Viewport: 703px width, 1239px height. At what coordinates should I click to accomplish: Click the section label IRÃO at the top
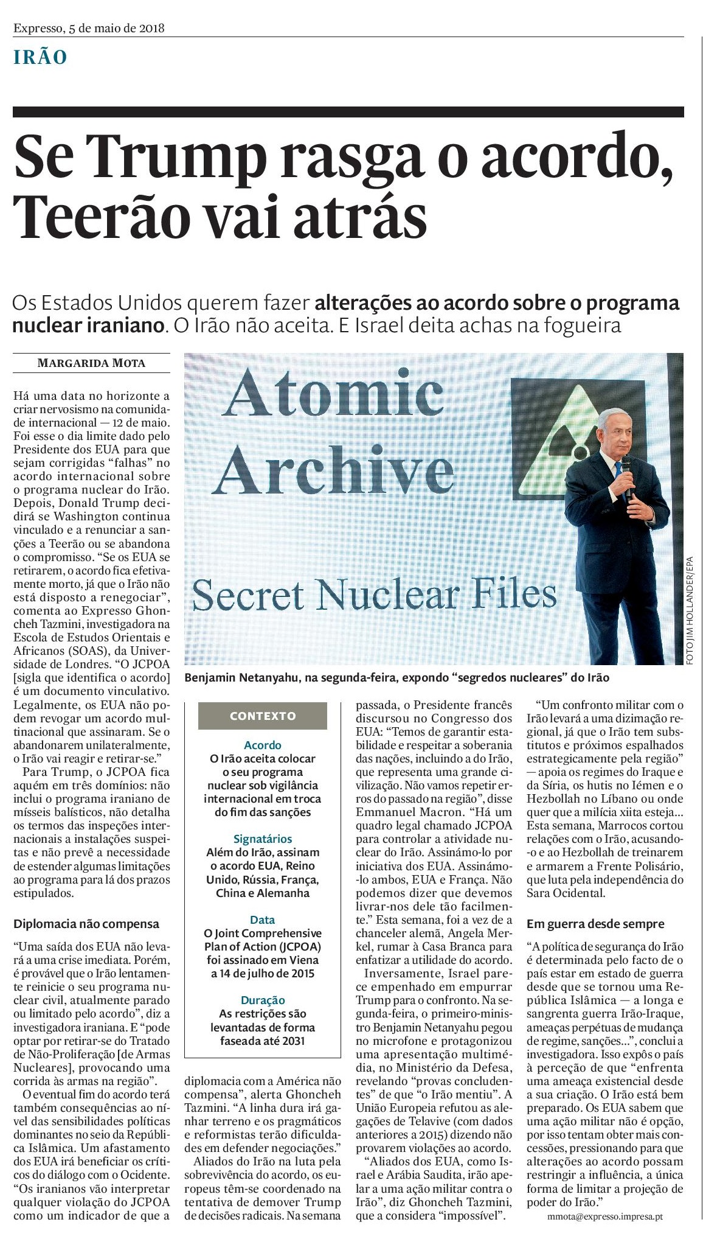click(x=40, y=58)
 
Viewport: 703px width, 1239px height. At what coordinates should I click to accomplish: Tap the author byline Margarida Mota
click(x=91, y=364)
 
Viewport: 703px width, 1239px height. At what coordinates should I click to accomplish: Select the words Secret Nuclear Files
click(x=374, y=595)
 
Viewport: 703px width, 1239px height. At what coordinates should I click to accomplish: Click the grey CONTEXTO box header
click(x=263, y=716)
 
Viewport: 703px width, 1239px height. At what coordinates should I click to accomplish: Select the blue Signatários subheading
click(x=263, y=839)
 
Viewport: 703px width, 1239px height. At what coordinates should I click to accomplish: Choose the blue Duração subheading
click(x=263, y=1000)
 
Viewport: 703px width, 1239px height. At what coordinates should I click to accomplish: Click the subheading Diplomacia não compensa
click(x=86, y=924)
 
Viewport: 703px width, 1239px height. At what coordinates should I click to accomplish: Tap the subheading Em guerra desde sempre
click(x=595, y=924)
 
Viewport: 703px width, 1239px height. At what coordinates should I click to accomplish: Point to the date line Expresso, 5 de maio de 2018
click(x=89, y=28)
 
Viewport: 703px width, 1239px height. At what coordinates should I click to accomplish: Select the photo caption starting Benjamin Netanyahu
click(x=397, y=677)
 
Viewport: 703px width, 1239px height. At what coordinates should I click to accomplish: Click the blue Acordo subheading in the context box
click(x=263, y=745)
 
